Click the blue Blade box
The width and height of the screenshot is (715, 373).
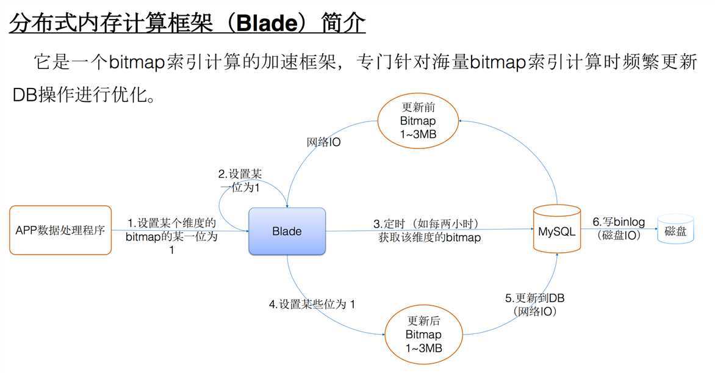(x=287, y=231)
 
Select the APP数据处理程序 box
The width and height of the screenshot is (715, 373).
(x=60, y=230)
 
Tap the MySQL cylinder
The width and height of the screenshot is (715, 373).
(x=557, y=229)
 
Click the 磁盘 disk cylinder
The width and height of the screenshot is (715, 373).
(x=675, y=229)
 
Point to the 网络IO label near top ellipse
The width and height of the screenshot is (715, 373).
(x=323, y=142)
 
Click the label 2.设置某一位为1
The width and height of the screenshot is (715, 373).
(x=240, y=180)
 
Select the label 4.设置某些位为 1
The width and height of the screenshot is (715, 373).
(x=312, y=304)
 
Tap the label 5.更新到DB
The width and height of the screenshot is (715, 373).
(x=535, y=298)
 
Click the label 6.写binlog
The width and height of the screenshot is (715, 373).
(x=619, y=222)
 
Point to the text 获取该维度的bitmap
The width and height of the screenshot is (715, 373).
(x=429, y=237)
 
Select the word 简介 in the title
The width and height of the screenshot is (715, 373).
(x=343, y=23)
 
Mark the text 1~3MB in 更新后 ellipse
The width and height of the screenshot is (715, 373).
(x=423, y=349)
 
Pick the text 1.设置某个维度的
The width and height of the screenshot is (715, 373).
(x=171, y=223)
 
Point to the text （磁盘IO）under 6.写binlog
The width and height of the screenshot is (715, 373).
(x=619, y=236)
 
